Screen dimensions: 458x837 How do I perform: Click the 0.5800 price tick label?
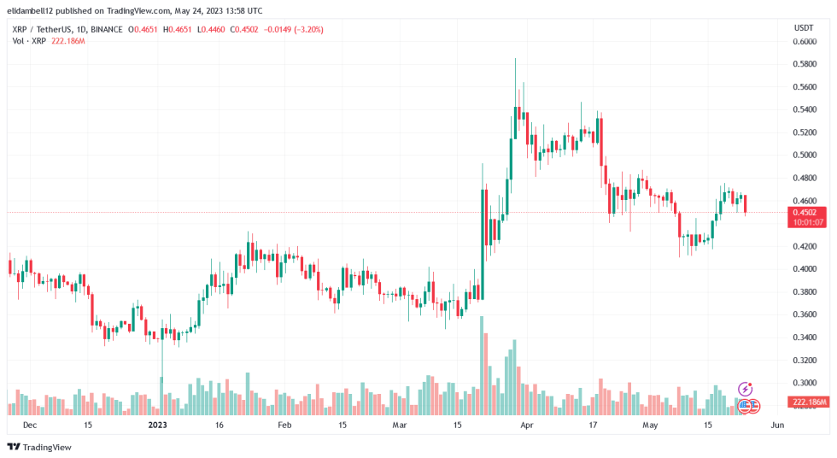(x=804, y=64)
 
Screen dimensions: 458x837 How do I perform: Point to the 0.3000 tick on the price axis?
(x=804, y=383)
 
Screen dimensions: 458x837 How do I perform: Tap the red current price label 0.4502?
(x=805, y=213)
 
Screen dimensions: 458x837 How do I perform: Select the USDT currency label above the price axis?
(x=804, y=28)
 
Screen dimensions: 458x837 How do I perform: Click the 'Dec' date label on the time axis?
(x=30, y=425)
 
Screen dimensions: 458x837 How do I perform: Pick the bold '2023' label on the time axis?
(x=158, y=425)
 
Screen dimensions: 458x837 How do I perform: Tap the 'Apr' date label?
(x=527, y=425)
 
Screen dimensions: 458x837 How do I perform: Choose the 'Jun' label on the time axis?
(x=776, y=425)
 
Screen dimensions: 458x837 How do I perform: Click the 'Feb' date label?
(x=284, y=425)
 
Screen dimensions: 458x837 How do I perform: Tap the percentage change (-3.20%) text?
(x=305, y=29)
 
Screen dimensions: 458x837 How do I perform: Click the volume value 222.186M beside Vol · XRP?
(x=67, y=40)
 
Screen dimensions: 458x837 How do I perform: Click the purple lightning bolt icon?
(x=745, y=390)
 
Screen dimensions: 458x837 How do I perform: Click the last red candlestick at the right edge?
(x=746, y=204)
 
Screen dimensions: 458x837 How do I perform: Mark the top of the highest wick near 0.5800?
(x=515, y=59)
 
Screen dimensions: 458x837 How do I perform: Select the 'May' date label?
(x=652, y=425)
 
